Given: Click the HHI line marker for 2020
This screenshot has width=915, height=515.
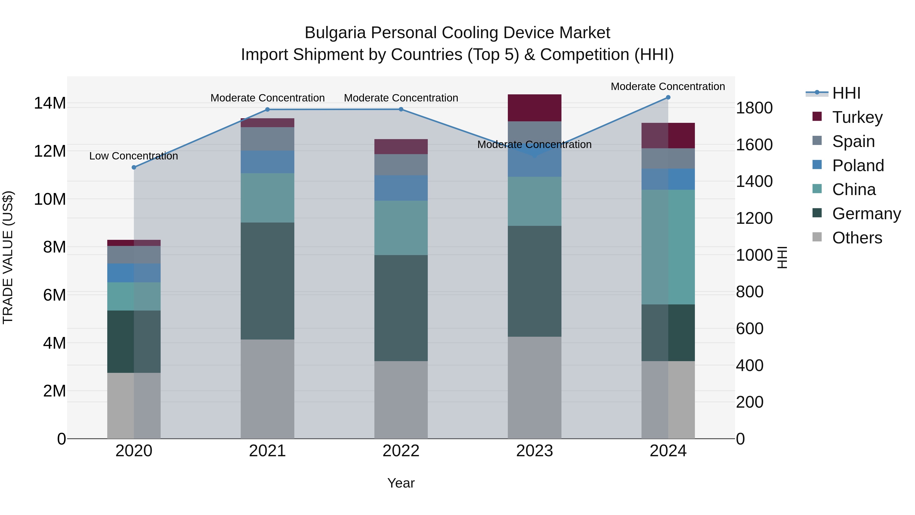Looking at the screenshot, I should [x=134, y=167].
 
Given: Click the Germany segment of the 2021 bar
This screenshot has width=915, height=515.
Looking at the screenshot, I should [x=267, y=281].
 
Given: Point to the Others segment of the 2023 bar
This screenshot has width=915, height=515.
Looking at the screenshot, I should [x=534, y=387].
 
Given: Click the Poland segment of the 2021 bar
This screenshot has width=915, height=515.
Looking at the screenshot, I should [x=267, y=162].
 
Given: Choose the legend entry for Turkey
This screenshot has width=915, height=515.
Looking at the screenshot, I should [x=857, y=117].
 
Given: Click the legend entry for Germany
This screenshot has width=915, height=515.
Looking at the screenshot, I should [x=866, y=214].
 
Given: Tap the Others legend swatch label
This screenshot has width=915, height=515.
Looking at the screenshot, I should [x=857, y=238].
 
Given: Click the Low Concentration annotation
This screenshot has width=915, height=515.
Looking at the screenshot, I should [x=133, y=156].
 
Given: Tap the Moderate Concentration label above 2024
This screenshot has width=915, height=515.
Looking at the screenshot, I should [x=668, y=86].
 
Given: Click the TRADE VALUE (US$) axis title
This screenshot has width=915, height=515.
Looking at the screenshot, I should [x=8, y=257].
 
